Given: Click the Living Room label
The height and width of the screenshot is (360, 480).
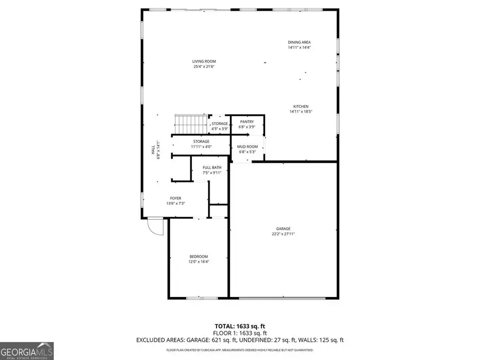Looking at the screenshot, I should point(204,61).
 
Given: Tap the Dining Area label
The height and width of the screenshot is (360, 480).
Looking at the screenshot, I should point(299,42).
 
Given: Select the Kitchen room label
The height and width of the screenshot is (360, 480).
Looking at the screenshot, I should point(299,106).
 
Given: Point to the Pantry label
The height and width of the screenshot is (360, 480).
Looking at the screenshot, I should point(246,122).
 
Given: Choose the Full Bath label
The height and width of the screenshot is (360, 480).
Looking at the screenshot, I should point(211,168).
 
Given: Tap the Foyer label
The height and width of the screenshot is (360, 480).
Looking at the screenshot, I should point(175,198).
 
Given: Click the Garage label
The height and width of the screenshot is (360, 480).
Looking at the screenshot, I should point(283,228).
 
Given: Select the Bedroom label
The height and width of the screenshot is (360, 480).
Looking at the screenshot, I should point(198,257).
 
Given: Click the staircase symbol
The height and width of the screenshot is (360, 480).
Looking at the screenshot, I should point(190,124).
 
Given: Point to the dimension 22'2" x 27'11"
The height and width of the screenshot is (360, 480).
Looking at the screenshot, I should point(283,234).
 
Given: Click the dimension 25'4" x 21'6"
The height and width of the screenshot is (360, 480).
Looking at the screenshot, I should point(204,67).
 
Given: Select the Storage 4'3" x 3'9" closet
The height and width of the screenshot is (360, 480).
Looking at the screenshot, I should point(219,126).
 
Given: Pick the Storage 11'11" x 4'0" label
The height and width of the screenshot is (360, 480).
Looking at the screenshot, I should point(201,144).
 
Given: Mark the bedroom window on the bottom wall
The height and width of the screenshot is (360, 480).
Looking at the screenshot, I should point(201,297).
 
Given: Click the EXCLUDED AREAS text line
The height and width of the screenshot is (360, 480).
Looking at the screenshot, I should point(239,340).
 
